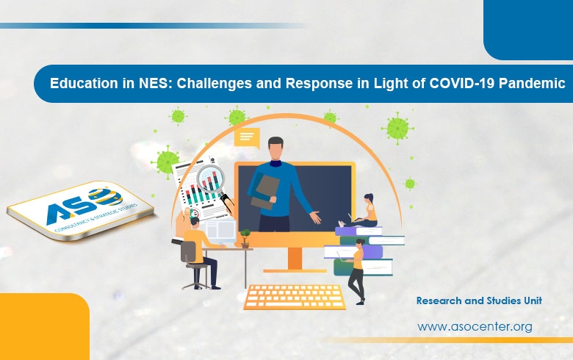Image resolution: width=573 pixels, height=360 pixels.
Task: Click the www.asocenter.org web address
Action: pyautogui.click(x=475, y=326)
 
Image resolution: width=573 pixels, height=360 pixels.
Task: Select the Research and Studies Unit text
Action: pyautogui.click(x=478, y=301)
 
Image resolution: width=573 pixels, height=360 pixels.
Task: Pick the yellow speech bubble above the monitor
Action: pyautogui.click(x=247, y=137)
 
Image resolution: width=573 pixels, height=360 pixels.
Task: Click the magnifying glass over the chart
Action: pyautogui.click(x=214, y=181)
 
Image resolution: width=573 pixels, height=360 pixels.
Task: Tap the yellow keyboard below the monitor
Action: pyautogui.click(x=295, y=297)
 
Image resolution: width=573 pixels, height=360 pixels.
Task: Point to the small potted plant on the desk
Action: pyautogui.click(x=245, y=237)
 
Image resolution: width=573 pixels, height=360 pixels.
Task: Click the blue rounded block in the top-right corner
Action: pyautogui.click(x=528, y=29)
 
